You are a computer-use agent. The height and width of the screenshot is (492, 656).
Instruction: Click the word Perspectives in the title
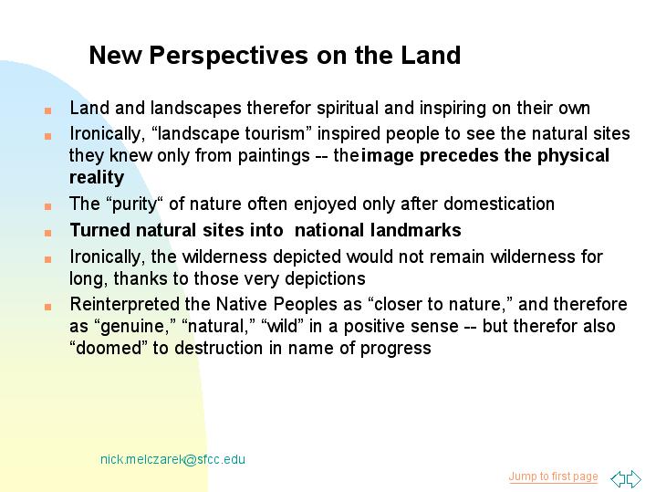pos(229,56)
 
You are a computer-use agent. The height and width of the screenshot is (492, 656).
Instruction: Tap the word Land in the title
pos(431,55)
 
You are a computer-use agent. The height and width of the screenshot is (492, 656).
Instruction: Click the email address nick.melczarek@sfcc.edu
pos(172,459)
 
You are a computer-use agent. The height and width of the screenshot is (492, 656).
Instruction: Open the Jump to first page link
pos(553,476)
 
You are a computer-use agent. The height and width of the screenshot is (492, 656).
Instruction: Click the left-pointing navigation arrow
pos(618,479)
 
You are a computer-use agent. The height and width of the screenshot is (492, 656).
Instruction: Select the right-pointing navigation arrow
pos(634,479)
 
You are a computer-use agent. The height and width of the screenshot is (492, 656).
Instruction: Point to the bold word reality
pos(97,177)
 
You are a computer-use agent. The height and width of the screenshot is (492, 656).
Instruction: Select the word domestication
pos(499,204)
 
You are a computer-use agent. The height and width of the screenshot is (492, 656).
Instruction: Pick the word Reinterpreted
pos(125,304)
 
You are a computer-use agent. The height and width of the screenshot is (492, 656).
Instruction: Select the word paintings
pos(274,156)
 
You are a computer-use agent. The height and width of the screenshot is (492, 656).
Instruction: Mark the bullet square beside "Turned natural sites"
pos(47,233)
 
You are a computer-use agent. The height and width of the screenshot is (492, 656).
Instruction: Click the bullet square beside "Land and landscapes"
pos(47,110)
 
